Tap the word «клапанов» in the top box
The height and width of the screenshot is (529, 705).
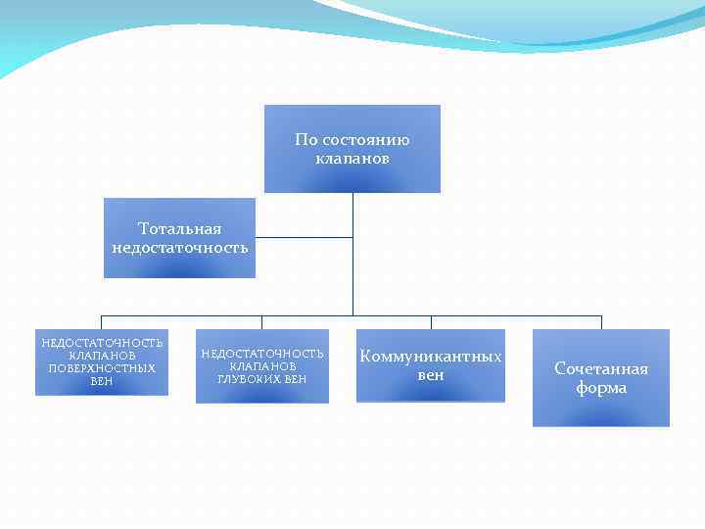point(352,158)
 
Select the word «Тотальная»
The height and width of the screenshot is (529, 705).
point(180,229)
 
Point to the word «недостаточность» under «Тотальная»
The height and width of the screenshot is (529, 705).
point(180,248)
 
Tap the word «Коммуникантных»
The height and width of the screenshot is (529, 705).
point(431,357)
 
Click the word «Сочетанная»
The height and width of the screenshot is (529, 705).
point(601,369)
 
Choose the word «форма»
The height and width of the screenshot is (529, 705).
point(601,388)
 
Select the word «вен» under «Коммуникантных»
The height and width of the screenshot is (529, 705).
point(431,375)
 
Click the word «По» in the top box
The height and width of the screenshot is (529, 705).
point(306,140)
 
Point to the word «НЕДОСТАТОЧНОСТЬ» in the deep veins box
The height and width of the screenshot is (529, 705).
point(262,353)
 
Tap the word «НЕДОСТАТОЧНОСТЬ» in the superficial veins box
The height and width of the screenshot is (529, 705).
point(102,343)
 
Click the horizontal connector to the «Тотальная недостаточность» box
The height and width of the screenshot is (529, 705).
point(304,237)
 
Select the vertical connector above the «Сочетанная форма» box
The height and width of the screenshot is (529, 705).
point(601,322)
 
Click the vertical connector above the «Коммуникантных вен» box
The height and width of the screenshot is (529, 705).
point(431,322)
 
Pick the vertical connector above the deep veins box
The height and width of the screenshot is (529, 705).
point(261,322)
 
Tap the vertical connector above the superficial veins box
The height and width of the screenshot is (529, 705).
point(102,322)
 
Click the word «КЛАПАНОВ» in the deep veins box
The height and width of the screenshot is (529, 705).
point(262,365)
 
